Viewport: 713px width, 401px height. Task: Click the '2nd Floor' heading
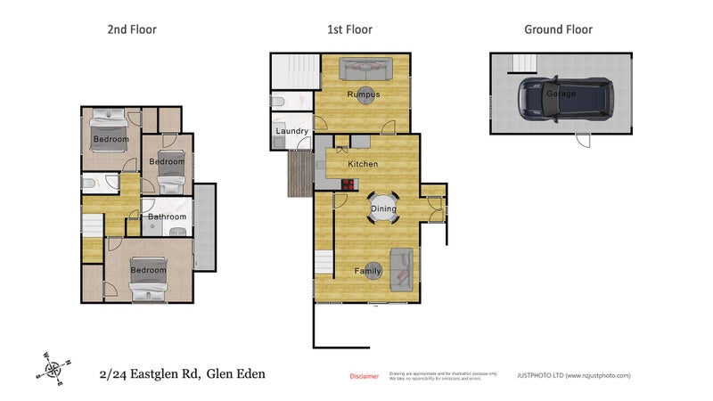point(132,29)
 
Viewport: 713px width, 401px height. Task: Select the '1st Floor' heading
point(349,29)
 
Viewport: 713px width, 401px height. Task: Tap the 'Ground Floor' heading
point(558,29)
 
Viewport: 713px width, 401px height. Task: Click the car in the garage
point(566,96)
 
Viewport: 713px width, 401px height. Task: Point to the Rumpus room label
point(364,94)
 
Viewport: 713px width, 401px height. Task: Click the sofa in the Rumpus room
point(365,67)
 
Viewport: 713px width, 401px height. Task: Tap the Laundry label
point(292,132)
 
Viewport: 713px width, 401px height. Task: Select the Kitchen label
point(363,164)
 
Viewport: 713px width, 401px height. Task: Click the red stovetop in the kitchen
point(348,184)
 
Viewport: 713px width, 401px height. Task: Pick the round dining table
point(384,209)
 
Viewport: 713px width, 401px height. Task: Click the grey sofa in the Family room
point(401,269)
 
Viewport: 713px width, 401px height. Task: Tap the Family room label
point(368,271)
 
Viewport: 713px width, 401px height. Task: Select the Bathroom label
point(167,217)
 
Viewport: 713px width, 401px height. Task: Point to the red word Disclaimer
point(364,376)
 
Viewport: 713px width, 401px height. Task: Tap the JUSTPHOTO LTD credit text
point(574,376)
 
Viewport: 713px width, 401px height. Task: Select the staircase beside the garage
point(523,61)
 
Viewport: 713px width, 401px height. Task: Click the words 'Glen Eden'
point(235,374)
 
